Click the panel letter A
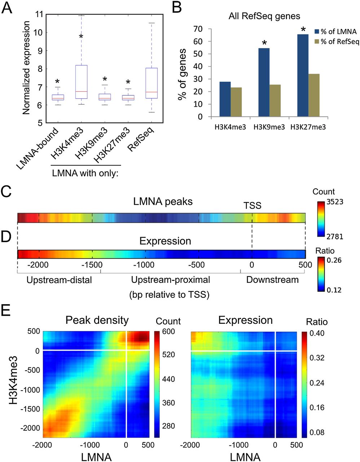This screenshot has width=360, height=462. coord(8,8)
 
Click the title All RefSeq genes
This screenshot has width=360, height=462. coord(264,16)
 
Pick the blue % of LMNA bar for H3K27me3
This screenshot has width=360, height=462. coord(303,75)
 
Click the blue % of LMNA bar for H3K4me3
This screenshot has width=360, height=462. coord(225,99)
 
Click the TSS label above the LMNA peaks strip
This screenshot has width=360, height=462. coord(252,206)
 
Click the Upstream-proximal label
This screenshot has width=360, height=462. coord(170,280)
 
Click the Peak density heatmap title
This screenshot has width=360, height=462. coord(97,320)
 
